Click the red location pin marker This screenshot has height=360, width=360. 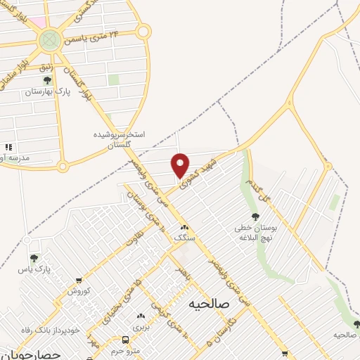pyautogui.click(x=181, y=165)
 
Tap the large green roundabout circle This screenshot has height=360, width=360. pyautogui.click(x=49, y=40)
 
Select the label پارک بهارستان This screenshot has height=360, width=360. pyautogui.click(x=49, y=93)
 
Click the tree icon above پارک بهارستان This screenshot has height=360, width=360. pyautogui.click(x=48, y=82)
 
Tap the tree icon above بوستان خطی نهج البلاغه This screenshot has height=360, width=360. pyautogui.click(x=255, y=217)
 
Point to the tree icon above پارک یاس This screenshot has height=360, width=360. pyautogui.click(x=34, y=258)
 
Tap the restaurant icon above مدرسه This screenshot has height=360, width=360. pyautogui.click(x=8, y=147)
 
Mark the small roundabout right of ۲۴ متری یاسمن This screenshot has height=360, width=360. pyautogui.click(x=143, y=31)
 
